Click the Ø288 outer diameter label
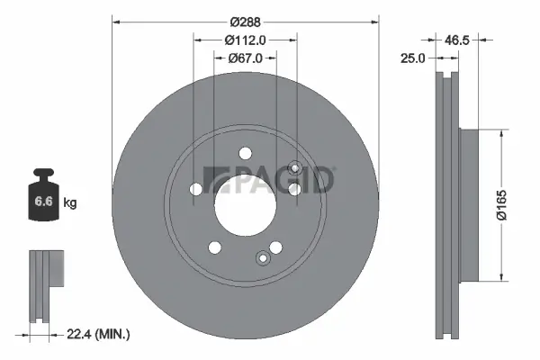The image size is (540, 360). (x=244, y=20)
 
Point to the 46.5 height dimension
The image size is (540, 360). (x=459, y=40)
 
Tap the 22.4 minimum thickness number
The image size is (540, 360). (x=81, y=334)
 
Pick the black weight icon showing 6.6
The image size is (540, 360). (x=43, y=199)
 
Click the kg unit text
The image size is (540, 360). (x=69, y=203)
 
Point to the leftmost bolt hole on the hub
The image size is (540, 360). (x=197, y=189)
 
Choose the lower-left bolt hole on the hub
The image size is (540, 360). (x=214, y=247)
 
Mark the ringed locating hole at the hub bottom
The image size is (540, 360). (x=263, y=259)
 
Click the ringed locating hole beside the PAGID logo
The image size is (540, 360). (x=294, y=167)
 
